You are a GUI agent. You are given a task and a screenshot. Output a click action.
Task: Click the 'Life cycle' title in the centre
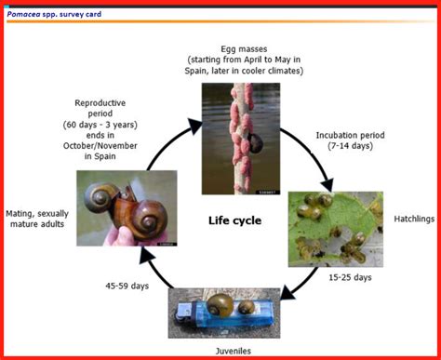point(234,220)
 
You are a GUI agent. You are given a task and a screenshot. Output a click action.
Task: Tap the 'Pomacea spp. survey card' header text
point(54,14)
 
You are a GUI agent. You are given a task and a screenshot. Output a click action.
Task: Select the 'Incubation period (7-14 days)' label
point(350,140)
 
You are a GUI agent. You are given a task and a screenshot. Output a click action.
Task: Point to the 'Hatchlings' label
point(414,219)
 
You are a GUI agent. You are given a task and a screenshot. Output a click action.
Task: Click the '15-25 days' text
point(350,277)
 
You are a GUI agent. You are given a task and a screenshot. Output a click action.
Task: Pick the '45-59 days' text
point(127,286)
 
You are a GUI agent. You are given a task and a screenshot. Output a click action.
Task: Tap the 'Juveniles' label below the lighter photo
point(234,351)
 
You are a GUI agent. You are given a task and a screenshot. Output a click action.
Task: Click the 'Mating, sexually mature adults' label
point(37,219)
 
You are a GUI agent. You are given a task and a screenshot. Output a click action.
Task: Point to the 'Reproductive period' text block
point(100,129)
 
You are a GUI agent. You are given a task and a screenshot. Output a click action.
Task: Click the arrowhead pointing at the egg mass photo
point(194,126)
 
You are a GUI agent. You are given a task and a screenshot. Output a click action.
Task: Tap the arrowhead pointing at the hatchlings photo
point(327,185)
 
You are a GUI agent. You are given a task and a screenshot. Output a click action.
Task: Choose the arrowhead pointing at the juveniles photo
point(287,293)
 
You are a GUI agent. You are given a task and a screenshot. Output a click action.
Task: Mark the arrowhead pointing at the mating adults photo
point(146,256)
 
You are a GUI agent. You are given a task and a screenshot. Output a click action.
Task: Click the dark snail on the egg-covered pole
point(256,143)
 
